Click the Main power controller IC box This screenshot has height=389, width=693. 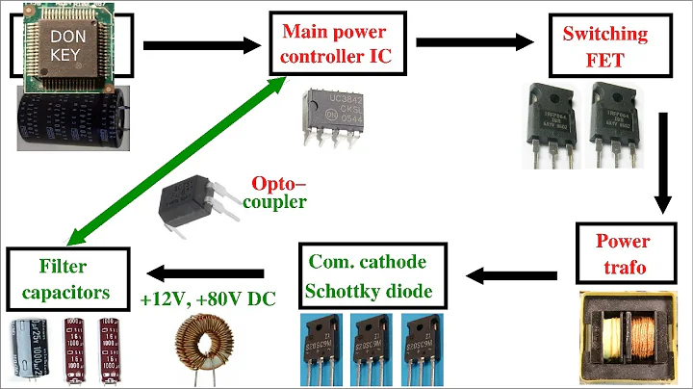click(335, 44)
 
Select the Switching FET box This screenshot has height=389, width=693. click(605, 44)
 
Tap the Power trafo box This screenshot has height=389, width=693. click(622, 252)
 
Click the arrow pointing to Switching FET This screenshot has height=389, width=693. click(475, 43)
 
